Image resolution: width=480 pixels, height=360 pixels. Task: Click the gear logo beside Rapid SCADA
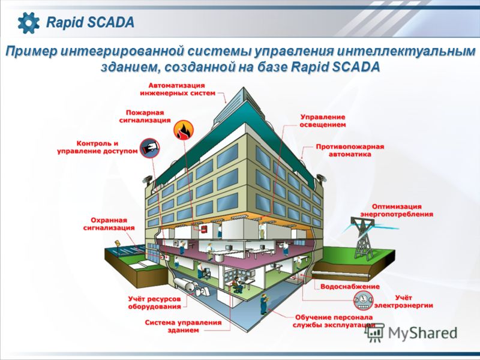pyautogui.click(x=28, y=23)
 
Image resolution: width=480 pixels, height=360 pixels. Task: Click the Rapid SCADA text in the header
pyautogui.click(x=90, y=22)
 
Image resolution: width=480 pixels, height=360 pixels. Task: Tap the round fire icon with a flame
pyautogui.click(x=184, y=130)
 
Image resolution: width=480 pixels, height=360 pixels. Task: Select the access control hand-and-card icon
pyautogui.click(x=149, y=148)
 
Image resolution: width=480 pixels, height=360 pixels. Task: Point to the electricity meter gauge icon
pyautogui.click(x=364, y=301)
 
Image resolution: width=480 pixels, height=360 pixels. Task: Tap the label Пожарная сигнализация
pyautogui.click(x=145, y=116)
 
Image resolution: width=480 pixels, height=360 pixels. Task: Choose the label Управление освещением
pyautogui.click(x=323, y=121)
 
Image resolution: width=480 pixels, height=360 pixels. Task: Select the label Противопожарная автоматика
pyautogui.click(x=350, y=151)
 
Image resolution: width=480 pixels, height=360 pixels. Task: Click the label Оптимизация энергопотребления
pyautogui.click(x=397, y=211)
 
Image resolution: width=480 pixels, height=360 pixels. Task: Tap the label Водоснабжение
pyautogui.click(x=350, y=287)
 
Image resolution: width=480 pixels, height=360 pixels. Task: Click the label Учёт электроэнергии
pyautogui.click(x=403, y=302)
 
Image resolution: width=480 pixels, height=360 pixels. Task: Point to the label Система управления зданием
pyautogui.click(x=183, y=326)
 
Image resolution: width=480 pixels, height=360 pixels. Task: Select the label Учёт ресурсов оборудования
pyautogui.click(x=155, y=303)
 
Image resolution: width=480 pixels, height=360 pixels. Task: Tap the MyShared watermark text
pyautogui.click(x=423, y=333)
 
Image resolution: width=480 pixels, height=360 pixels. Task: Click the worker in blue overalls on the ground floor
pyautogui.click(x=264, y=305)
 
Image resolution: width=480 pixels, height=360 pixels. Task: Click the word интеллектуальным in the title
pyautogui.click(x=406, y=52)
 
